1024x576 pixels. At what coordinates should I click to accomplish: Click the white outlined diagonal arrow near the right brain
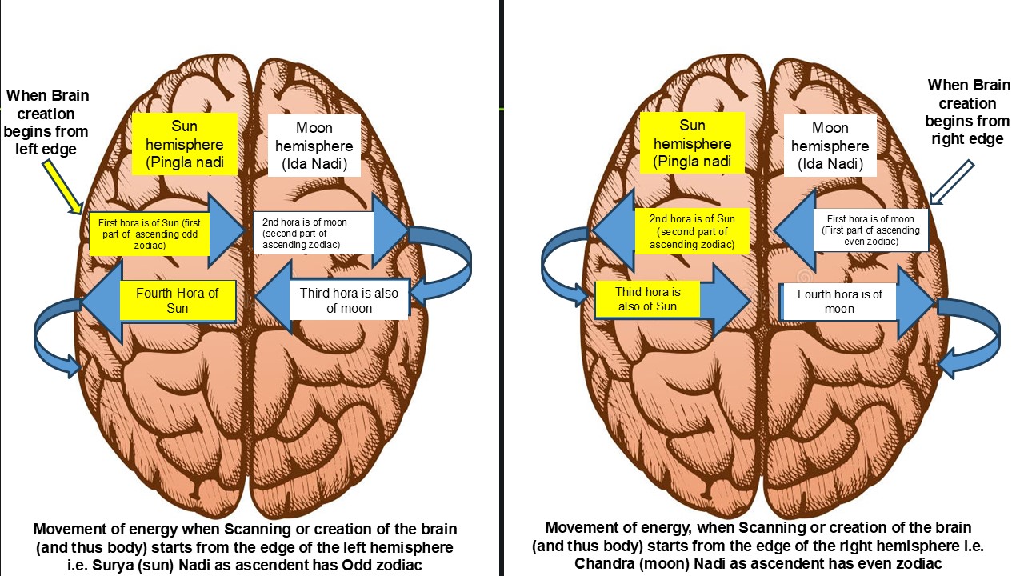coord(952,182)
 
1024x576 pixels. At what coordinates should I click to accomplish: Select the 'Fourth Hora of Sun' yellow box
coord(178,301)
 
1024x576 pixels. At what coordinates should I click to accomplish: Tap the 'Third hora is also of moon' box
coord(349,300)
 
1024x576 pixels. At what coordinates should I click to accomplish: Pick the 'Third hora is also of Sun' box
coord(647,299)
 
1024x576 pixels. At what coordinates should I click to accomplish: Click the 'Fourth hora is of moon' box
coord(839,301)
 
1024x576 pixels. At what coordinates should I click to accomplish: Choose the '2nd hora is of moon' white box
coord(313,232)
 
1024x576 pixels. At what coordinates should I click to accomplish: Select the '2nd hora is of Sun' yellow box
coord(693,232)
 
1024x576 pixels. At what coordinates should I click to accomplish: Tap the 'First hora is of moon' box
coord(870,230)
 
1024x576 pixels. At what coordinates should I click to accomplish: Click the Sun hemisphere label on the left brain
coord(184,144)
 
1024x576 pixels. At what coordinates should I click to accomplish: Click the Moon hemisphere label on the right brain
coord(830,146)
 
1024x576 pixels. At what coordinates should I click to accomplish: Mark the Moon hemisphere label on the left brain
coord(314,146)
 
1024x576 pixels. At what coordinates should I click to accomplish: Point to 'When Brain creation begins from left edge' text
coord(48,122)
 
